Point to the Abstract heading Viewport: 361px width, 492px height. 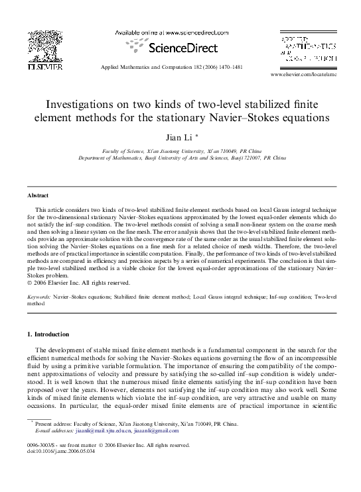pos(38,196)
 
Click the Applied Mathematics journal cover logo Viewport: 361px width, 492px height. pos(309,50)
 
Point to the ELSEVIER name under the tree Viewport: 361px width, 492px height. pos(44,67)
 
